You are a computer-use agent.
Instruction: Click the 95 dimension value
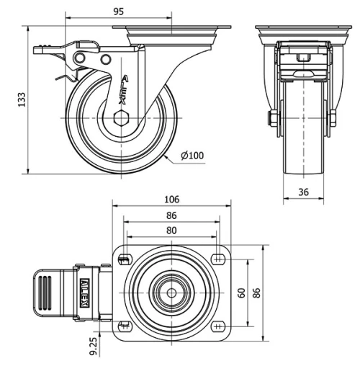pos(119,12)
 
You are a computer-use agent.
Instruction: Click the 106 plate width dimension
pos(171,200)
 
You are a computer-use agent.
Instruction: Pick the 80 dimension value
pos(171,231)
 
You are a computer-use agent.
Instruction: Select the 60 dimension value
pos(242,293)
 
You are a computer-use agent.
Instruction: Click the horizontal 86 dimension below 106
pos(171,215)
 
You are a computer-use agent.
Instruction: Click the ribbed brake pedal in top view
pos(45,293)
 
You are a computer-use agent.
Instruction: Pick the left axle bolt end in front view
pos(272,117)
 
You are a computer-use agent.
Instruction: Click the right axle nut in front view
pos(333,117)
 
